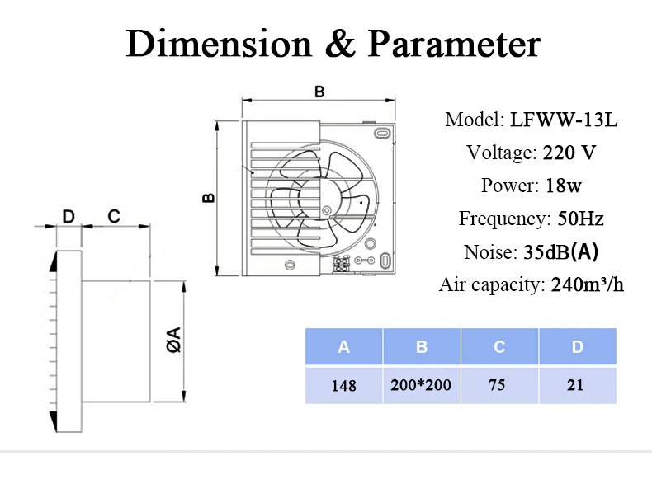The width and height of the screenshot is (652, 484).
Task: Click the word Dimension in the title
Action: click(x=219, y=43)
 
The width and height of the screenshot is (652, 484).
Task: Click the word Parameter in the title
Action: click(x=454, y=43)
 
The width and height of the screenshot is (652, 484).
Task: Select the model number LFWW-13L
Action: click(x=564, y=120)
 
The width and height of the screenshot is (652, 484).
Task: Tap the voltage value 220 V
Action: click(x=569, y=153)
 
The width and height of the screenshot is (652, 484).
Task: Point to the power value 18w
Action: click(x=563, y=186)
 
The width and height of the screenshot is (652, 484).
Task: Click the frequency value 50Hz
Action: click(x=580, y=219)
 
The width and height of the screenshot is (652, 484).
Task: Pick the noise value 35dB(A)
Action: click(x=560, y=251)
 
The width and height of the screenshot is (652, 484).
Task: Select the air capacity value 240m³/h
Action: click(x=587, y=284)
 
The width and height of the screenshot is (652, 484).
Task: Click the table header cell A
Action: click(x=344, y=346)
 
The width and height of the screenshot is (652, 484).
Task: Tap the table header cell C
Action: click(x=499, y=346)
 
